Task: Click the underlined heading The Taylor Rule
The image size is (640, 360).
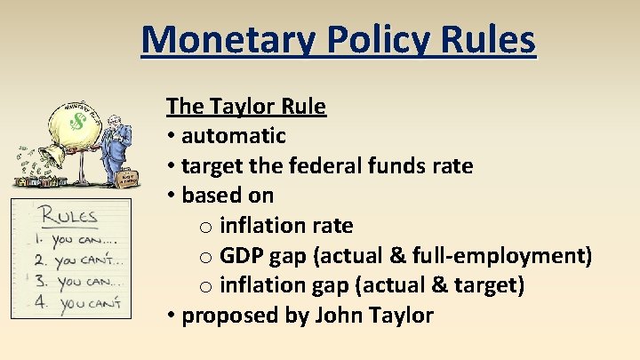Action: pyautogui.click(x=246, y=108)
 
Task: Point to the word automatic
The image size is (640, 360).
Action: pyautogui.click(x=234, y=136)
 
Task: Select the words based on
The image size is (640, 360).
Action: pyautogui.click(x=228, y=195)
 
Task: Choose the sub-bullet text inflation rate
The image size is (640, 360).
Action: pyautogui.click(x=285, y=225)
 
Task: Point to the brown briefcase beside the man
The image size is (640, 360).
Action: pyautogui.click(x=130, y=179)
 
